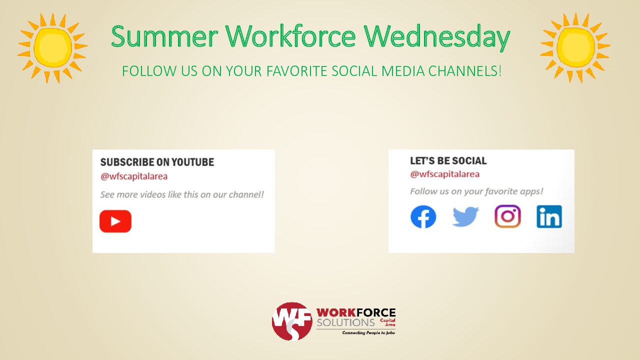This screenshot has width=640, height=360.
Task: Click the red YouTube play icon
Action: (115, 221)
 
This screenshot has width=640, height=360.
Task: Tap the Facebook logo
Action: (423, 217)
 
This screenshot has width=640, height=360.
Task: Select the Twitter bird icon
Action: (465, 216)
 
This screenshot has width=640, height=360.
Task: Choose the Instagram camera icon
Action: (507, 216)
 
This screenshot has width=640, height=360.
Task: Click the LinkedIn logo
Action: (549, 216)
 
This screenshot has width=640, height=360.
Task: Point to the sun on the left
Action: (52, 48)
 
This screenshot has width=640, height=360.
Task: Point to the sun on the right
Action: (575, 47)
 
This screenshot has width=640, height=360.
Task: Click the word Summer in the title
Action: (164, 36)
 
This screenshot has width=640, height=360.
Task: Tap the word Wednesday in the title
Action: (437, 37)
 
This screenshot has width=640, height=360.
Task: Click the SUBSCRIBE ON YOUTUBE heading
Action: (157, 162)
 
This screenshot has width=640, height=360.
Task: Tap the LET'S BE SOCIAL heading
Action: (448, 161)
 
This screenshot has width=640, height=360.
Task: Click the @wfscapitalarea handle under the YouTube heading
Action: (133, 176)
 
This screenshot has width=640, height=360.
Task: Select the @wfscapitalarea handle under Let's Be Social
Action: (445, 174)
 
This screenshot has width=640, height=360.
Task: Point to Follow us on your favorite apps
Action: (476, 191)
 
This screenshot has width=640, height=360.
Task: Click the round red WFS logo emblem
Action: (292, 321)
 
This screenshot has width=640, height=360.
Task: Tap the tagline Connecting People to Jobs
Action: (368, 333)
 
